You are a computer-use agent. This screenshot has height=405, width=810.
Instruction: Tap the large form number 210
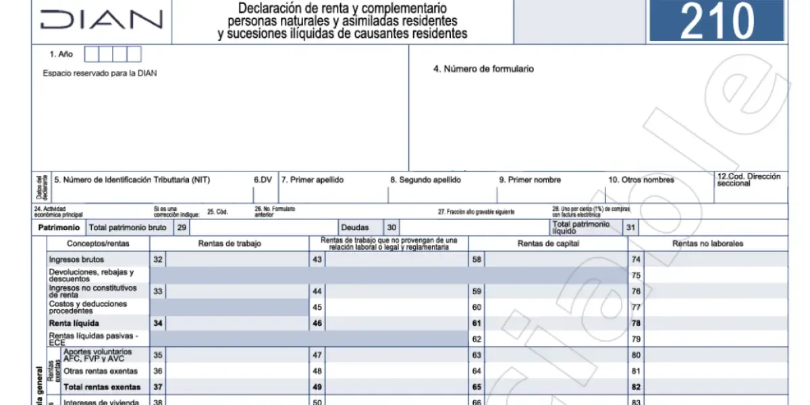(x=717, y=21)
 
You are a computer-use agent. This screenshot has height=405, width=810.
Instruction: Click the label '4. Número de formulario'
(x=483, y=69)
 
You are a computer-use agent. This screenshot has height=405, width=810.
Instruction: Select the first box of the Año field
(x=90, y=54)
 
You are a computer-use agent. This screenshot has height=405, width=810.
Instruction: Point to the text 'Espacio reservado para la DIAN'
(x=100, y=73)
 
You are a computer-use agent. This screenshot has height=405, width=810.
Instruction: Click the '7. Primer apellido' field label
(x=312, y=180)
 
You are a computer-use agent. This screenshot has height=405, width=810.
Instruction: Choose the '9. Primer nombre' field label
(x=530, y=180)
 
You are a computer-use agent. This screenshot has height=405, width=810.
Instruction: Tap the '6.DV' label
(x=263, y=180)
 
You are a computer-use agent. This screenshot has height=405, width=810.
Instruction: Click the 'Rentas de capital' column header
(x=548, y=244)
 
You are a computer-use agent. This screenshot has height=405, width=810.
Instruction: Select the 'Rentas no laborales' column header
(x=708, y=244)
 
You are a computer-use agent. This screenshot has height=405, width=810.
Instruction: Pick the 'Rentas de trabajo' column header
(x=229, y=244)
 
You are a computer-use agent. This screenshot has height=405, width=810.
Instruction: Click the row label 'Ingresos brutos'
(x=77, y=259)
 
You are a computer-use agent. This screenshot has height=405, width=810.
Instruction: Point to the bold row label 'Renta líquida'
(x=74, y=323)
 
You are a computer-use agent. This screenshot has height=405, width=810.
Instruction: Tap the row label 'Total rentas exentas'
(x=102, y=387)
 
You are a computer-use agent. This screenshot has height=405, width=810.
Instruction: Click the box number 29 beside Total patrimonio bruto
(x=182, y=228)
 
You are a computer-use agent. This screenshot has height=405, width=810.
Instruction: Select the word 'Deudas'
(x=355, y=228)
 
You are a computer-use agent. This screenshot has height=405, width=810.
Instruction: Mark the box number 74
(x=636, y=259)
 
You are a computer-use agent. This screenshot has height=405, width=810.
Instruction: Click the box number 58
(x=477, y=259)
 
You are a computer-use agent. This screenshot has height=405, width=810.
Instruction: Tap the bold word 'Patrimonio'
(x=59, y=228)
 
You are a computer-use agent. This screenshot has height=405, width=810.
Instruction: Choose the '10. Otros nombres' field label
(x=641, y=180)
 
